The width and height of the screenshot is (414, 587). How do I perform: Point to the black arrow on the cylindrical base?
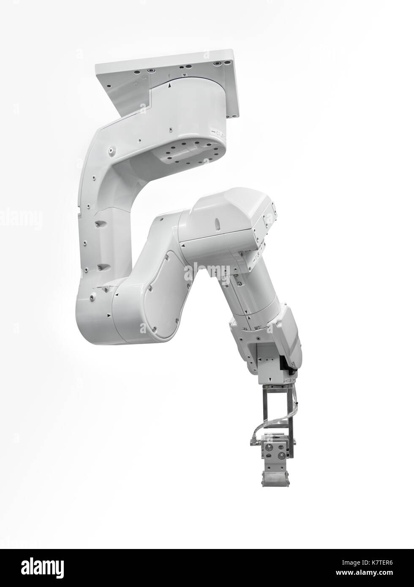click(x=170, y=85)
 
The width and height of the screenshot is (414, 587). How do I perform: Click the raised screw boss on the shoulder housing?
click(x=112, y=149)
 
